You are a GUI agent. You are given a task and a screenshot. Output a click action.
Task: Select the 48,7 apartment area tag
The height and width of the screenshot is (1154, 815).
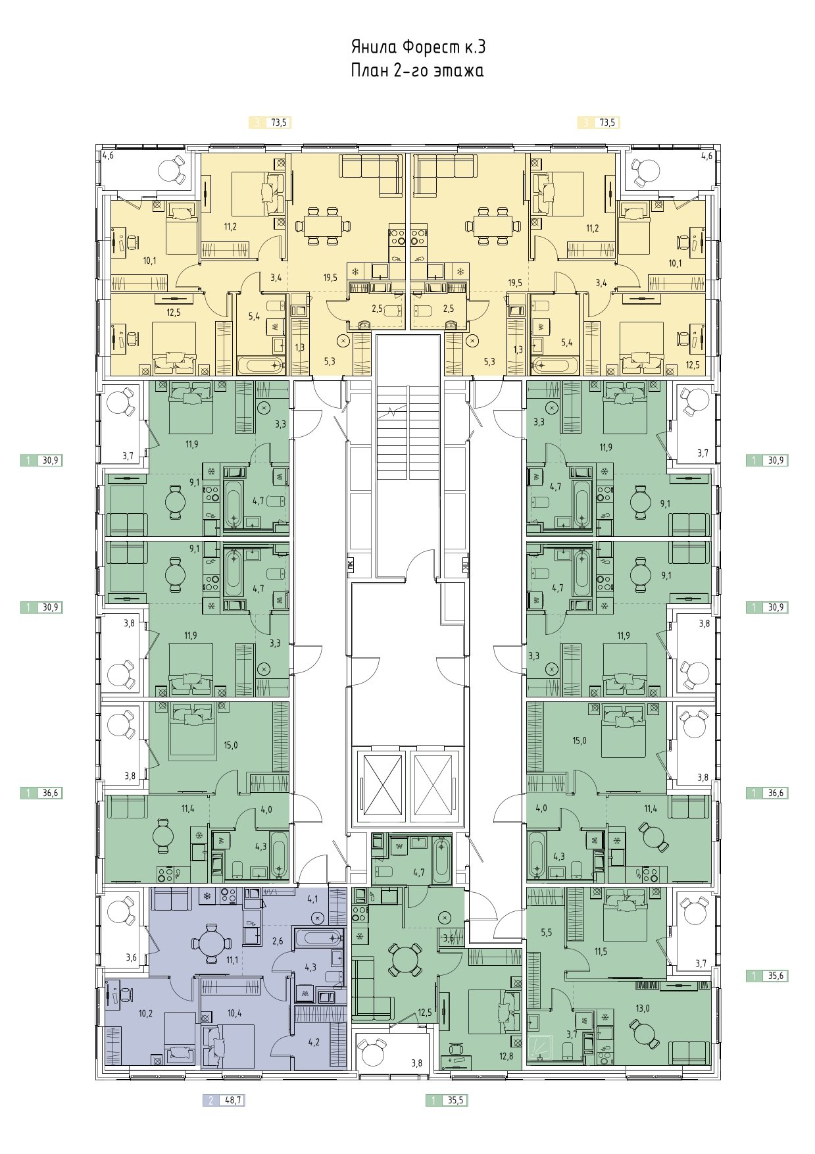224,1099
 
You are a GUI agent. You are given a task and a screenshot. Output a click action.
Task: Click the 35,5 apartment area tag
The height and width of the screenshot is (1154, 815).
447,1099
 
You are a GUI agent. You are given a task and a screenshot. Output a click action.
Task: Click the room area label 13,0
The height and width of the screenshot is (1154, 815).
642,1009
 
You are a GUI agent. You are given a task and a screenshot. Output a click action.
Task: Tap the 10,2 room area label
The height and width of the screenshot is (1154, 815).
145,1013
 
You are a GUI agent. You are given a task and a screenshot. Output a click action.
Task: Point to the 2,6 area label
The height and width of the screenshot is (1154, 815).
278,941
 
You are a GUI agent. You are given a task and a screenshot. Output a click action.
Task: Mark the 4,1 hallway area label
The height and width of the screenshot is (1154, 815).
312,899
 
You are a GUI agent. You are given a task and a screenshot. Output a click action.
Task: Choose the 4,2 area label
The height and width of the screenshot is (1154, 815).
313,1041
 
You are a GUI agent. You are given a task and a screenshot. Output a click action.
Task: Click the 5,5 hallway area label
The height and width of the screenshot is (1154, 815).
546,933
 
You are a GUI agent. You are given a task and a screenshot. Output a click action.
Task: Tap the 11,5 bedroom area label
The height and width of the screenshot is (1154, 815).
600,951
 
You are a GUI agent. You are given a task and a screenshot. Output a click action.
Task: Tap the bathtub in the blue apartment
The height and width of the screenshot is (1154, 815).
318,938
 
